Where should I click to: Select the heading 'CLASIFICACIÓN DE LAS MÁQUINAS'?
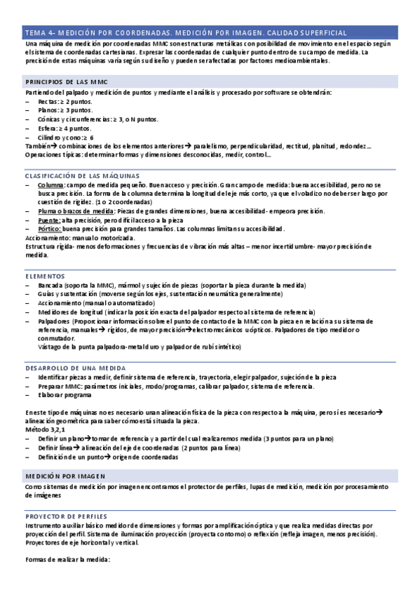click(82, 175)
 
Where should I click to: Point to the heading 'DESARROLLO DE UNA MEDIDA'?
click(76, 368)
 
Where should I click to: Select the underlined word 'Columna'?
click(52, 185)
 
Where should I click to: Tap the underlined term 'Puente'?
click(50, 220)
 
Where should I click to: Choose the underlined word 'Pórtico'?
click(50, 229)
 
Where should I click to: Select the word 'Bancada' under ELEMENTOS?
click(51, 286)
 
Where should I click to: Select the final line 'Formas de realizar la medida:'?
click(67, 559)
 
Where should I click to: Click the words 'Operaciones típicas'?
click(52, 154)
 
